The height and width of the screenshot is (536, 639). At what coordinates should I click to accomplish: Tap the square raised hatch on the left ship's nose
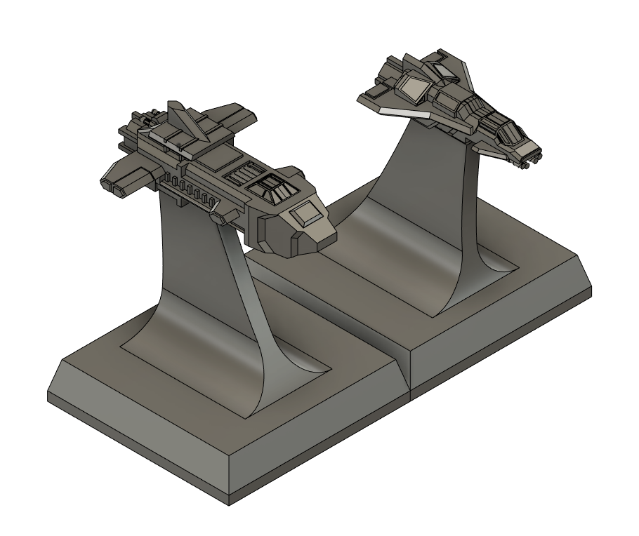(x=304, y=213)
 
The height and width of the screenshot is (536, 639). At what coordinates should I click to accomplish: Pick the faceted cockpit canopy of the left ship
(x=271, y=186)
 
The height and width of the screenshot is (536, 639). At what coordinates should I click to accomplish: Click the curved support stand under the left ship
(x=204, y=295)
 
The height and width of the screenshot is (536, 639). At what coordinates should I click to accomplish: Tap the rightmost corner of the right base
(x=592, y=289)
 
